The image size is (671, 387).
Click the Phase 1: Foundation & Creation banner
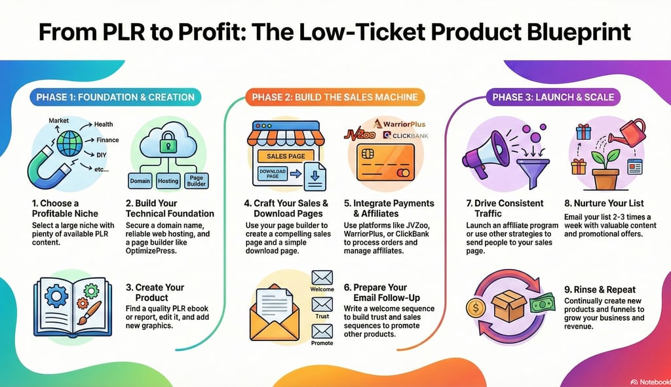pyautogui.click(x=115, y=97)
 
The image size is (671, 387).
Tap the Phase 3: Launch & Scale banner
pyautogui.click(x=553, y=97)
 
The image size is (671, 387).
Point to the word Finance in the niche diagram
pyautogui.click(x=107, y=140)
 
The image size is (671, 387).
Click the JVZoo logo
pyautogui.click(x=359, y=135)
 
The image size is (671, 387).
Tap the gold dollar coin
pyautogui.click(x=476, y=308)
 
